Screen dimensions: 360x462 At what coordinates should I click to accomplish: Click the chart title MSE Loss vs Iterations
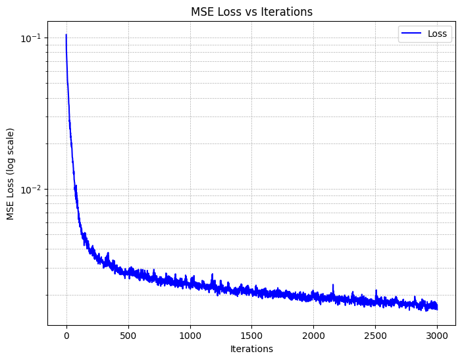coord(251,11)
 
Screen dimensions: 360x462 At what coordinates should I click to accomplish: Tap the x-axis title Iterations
coord(251,349)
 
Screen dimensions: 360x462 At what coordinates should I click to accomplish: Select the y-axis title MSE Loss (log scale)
coord(11,174)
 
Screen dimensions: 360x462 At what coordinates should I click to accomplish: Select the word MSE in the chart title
coord(201,11)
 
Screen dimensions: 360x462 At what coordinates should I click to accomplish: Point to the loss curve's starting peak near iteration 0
coord(66,35)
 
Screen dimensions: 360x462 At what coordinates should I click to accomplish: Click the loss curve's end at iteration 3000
coord(437,307)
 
